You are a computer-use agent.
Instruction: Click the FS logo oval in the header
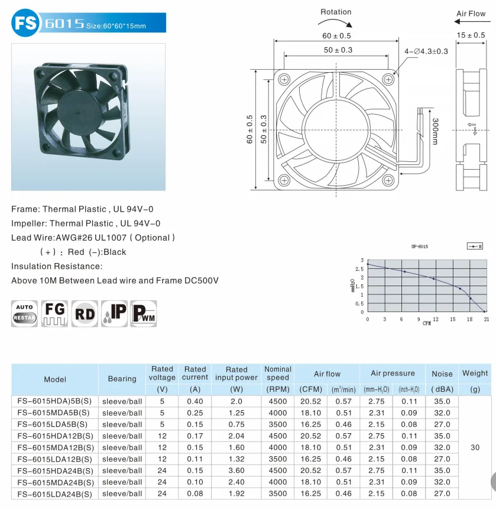(25, 23)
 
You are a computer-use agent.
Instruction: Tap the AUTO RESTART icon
(24, 313)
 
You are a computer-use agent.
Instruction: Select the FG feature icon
(54, 313)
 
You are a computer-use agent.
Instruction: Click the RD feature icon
(85, 313)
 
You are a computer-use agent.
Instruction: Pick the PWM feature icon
(144, 313)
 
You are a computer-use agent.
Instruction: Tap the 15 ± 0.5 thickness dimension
(471, 35)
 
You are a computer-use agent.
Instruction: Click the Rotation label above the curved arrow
(336, 12)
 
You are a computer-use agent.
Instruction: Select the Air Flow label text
(471, 14)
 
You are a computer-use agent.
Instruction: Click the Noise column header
(442, 374)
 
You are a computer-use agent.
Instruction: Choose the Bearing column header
(122, 379)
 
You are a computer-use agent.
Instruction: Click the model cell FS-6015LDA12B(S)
(55, 459)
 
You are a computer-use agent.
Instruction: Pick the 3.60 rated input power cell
(236, 471)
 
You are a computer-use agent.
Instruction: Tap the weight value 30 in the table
(475, 448)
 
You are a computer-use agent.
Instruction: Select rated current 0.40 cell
(195, 401)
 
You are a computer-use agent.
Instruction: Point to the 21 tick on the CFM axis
(485, 319)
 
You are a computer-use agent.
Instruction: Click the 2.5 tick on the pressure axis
(361, 269)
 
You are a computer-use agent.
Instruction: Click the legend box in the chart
(474, 246)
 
